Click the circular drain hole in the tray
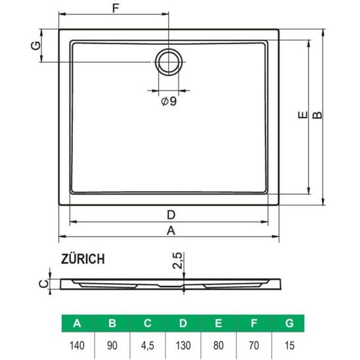[169, 49]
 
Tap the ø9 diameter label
[169, 101]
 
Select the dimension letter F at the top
[116, 9]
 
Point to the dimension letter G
[35, 46]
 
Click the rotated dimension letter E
[303, 114]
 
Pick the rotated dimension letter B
[317, 115]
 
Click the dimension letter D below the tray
[171, 215]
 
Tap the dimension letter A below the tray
[171, 231]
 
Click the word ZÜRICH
[83, 258]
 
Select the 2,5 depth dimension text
[178, 261]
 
